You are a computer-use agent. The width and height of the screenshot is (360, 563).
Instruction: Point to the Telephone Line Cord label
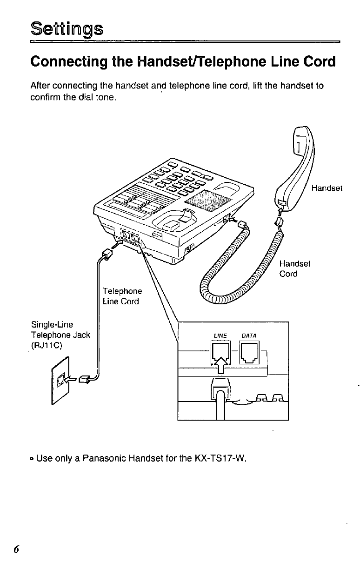[x=122, y=296]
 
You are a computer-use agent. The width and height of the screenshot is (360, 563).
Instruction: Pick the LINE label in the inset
[x=220, y=335]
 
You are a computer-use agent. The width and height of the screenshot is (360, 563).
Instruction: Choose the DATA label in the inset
[x=249, y=335]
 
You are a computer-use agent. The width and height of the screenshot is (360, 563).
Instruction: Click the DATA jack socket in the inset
[x=249, y=352]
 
